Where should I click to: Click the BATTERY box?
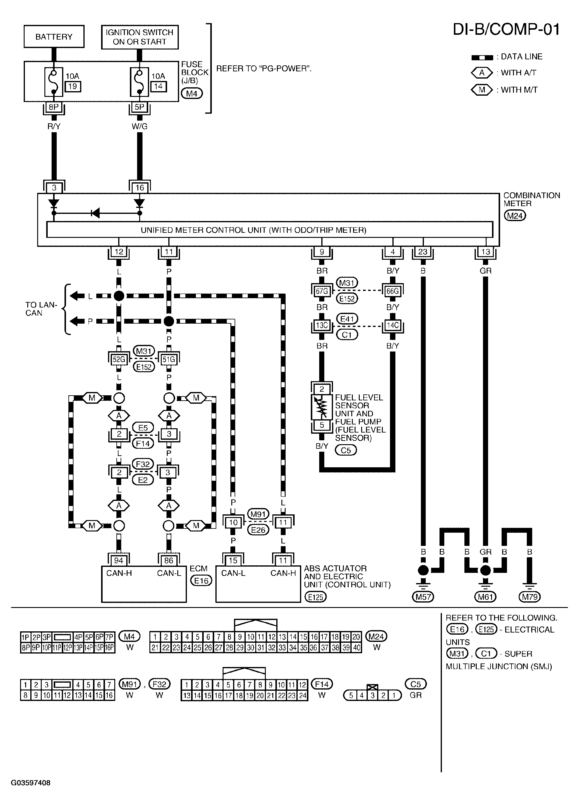pos(54,37)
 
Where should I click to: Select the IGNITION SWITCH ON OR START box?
pos(140,37)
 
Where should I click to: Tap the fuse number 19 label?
pos(73,86)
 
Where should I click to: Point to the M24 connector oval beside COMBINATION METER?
pos(515,216)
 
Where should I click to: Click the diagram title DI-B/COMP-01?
pos(506,30)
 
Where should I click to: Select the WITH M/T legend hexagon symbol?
pos(482,90)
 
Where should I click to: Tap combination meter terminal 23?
pos(423,252)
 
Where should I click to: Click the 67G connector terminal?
pos(322,291)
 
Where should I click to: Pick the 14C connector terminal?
pos(393,325)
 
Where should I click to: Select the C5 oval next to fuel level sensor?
pos(346,450)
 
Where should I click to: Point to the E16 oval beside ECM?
pos(201,581)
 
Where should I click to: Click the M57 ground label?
pos(423,597)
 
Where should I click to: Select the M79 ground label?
pos(529,597)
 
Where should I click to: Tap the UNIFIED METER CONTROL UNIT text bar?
pos(253,230)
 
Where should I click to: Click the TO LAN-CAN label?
pos(41,309)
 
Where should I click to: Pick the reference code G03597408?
pos(31,783)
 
